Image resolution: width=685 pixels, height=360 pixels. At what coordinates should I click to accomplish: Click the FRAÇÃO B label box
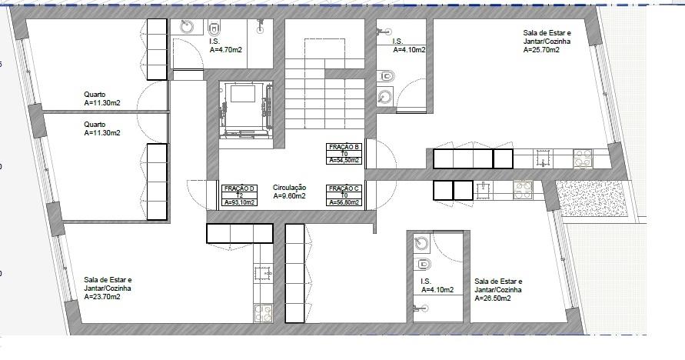pyautogui.click(x=344, y=154)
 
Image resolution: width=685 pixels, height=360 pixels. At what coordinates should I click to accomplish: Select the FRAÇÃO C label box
pyautogui.click(x=344, y=195)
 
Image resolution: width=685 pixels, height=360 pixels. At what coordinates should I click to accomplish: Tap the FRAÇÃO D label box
pyautogui.click(x=240, y=195)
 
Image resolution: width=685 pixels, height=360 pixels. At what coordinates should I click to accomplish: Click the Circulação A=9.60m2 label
pyautogui.click(x=289, y=192)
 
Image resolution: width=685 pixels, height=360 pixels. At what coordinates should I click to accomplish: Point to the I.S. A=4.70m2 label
pyautogui.click(x=226, y=46)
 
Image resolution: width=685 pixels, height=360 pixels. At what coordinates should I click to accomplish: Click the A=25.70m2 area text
pyautogui.click(x=541, y=50)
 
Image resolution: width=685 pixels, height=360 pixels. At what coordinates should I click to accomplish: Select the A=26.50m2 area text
pyautogui.click(x=493, y=298)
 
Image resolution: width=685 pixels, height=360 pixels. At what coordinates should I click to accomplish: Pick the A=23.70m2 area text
pyautogui.click(x=102, y=297)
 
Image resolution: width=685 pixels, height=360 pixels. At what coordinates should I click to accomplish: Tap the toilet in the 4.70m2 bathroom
pyautogui.click(x=214, y=28)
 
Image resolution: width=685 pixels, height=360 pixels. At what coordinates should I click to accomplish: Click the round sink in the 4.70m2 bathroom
pyautogui.click(x=187, y=27)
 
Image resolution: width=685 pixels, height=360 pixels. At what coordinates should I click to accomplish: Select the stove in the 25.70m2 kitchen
pyautogui.click(x=583, y=159)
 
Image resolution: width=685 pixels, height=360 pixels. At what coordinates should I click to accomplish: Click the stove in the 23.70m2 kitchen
pyautogui.click(x=263, y=313)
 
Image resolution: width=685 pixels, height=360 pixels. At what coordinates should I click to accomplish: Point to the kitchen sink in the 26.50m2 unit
pyautogui.click(x=484, y=190)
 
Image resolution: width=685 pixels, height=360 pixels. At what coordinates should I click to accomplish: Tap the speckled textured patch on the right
pyautogui.click(x=593, y=199)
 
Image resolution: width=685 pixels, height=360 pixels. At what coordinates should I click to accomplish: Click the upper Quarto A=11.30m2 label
pyautogui.click(x=101, y=98)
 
